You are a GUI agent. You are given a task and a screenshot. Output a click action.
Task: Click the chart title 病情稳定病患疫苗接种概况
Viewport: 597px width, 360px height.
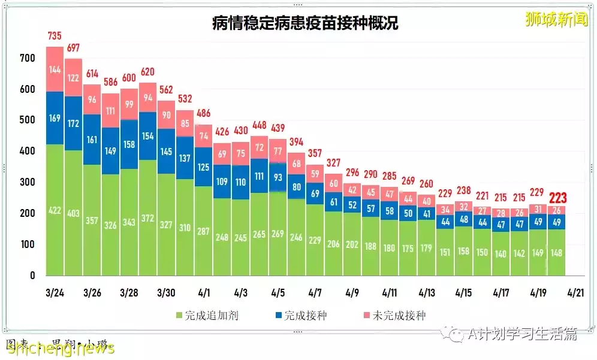(x=305, y=23)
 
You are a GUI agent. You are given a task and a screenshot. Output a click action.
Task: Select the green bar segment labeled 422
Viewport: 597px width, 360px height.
(x=55, y=210)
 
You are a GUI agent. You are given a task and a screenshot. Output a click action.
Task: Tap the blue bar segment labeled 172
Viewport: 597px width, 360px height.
(x=73, y=123)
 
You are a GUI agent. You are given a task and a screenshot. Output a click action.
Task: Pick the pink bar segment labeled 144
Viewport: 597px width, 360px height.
(x=55, y=69)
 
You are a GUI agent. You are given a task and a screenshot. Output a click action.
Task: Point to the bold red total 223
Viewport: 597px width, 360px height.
(x=557, y=198)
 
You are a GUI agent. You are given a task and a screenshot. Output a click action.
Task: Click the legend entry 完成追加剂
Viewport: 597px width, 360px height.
(x=207, y=315)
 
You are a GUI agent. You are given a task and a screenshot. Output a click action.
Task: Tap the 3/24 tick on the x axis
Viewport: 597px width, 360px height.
(x=55, y=293)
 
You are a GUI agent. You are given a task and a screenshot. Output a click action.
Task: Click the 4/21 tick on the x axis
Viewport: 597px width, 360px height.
(x=575, y=293)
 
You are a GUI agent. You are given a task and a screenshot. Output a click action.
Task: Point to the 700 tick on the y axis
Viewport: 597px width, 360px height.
(x=28, y=58)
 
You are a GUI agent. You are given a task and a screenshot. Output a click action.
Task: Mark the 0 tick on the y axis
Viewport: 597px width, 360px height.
(x=32, y=276)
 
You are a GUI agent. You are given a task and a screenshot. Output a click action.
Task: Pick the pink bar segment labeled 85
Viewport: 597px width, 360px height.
(x=185, y=123)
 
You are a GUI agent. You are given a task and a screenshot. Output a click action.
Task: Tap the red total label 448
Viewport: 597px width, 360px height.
(x=259, y=125)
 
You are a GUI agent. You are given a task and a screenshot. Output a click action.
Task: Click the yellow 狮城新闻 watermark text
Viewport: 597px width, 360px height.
(x=548, y=20)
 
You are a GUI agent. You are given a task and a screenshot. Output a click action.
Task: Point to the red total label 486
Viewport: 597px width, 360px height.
(x=204, y=113)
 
